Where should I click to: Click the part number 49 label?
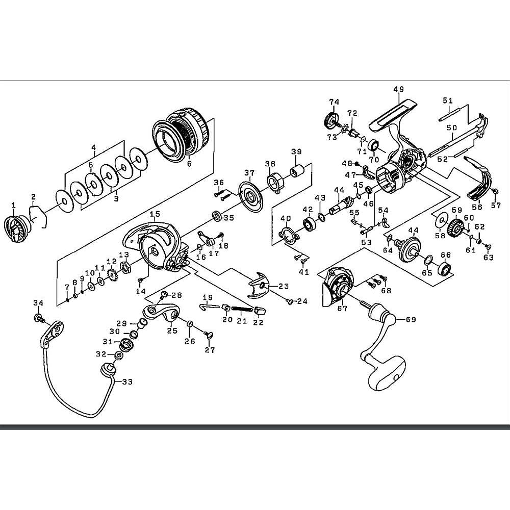(399, 89)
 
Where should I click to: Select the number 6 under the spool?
(189, 164)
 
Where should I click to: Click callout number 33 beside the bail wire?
(126, 380)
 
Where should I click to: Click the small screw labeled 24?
(290, 301)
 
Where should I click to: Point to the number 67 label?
(342, 308)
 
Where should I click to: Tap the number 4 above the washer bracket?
(93, 148)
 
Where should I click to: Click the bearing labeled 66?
(446, 268)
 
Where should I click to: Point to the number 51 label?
(447, 100)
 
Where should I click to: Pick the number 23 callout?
(284, 287)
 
